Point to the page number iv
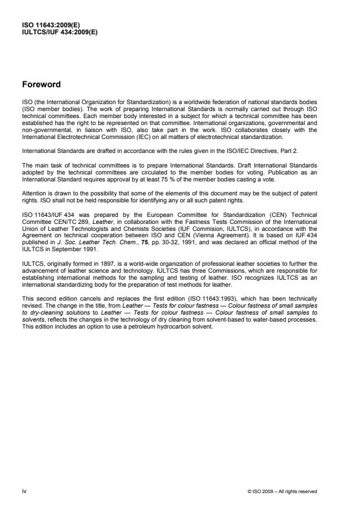coord(24,491)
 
